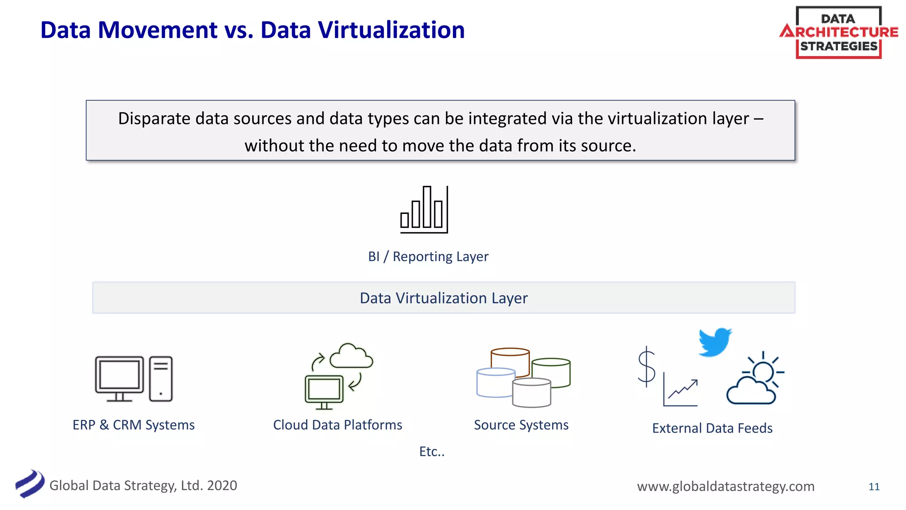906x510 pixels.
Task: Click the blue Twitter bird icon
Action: click(x=714, y=342)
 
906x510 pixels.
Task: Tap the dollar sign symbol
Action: click(x=646, y=367)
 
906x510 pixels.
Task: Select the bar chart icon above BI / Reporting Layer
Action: click(x=424, y=210)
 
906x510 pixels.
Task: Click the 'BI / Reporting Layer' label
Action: click(x=428, y=256)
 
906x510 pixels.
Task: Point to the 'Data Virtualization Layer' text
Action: click(x=443, y=298)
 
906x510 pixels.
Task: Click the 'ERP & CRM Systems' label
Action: click(x=134, y=425)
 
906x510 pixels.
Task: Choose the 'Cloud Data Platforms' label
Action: click(x=338, y=425)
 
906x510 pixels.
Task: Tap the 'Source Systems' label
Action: click(x=521, y=425)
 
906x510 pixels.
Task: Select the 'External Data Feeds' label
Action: click(x=712, y=428)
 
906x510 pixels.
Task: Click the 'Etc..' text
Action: click(x=432, y=451)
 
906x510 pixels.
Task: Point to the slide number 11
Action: click(x=874, y=487)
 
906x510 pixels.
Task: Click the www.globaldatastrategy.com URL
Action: click(x=726, y=486)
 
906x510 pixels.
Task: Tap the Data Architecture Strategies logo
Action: click(x=838, y=32)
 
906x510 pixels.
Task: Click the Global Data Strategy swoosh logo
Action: click(x=30, y=483)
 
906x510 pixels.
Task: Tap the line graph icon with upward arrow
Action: click(x=681, y=390)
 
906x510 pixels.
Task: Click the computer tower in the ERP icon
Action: click(x=161, y=379)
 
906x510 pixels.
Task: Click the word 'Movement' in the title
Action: click(x=157, y=30)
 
